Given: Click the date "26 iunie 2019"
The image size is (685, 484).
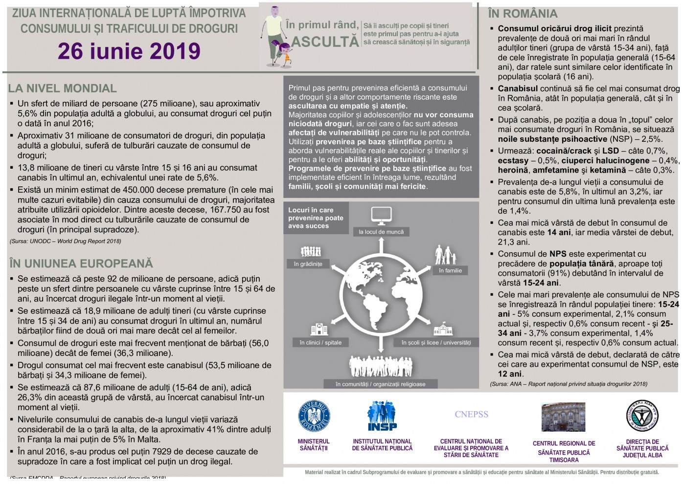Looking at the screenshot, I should pyautogui.click(x=129, y=51).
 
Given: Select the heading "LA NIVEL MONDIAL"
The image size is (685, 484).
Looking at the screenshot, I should pyautogui.click(x=62, y=88).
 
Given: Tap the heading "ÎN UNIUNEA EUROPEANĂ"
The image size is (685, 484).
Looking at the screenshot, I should pyautogui.click(x=81, y=264).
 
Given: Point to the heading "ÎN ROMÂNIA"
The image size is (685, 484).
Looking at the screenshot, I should pyautogui.click(x=523, y=14).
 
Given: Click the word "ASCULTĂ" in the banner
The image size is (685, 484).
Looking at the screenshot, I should pyautogui.click(x=325, y=42).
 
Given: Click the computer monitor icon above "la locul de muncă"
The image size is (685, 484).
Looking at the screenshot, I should pyautogui.click(x=381, y=216).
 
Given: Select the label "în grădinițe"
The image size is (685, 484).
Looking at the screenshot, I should pyautogui.click(x=308, y=264).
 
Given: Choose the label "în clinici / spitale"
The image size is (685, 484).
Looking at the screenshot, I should pyautogui.click(x=320, y=343).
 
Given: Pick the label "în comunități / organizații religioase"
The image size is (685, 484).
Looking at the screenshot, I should pyautogui.click(x=381, y=384).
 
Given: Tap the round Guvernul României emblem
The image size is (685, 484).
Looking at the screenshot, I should pyautogui.click(x=314, y=417).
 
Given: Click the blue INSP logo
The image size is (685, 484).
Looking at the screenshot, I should pyautogui.click(x=382, y=416).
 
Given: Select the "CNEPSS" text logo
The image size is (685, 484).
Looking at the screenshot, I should pyautogui.click(x=471, y=415).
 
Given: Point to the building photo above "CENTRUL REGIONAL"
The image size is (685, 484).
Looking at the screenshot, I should pyautogui.click(x=563, y=417).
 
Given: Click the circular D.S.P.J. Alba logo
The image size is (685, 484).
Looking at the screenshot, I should pyautogui.click(x=642, y=417).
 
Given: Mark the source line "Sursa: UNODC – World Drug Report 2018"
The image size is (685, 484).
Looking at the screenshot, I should pyautogui.click(x=66, y=241).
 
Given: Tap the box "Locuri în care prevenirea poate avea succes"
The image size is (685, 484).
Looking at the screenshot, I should pyautogui.click(x=316, y=218).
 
